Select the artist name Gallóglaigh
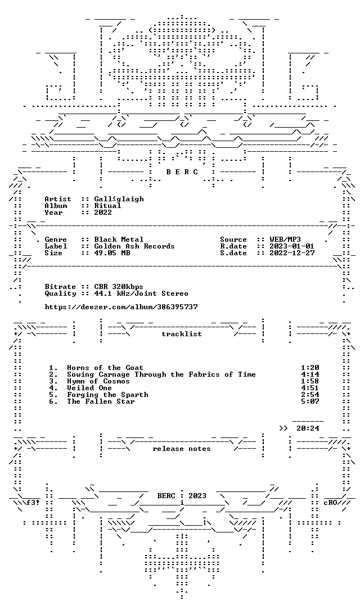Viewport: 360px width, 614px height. tap(119, 199)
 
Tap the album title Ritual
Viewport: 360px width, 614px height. tap(107, 206)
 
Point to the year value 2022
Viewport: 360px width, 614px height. tap(103, 213)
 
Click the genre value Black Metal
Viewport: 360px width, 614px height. tap(119, 240)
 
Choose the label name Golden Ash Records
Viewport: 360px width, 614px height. tap(134, 246)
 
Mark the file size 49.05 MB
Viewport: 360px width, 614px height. tap(112, 253)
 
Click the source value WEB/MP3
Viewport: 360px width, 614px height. tap(285, 240)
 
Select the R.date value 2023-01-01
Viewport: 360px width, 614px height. tap(292, 246)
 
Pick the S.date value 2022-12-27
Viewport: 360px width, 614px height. tap(292, 253)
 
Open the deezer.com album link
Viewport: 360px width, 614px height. tap(121, 307)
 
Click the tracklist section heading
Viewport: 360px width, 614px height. tap(182, 334)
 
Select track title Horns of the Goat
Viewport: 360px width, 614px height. tap(105, 368)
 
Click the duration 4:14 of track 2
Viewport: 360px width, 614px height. tap(310, 374)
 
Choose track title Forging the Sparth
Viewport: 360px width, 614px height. tap(107, 395)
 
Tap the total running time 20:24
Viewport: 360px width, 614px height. tap(308, 428)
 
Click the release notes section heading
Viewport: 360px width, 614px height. tap(182, 449)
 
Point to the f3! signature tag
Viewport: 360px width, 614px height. tap(33, 503)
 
